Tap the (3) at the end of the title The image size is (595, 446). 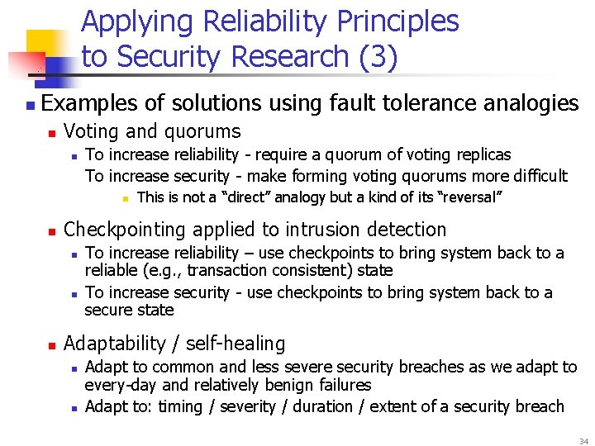point(377,57)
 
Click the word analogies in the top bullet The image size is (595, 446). point(530,103)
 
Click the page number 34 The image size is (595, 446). point(583,441)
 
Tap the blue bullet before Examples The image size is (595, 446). point(30,105)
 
